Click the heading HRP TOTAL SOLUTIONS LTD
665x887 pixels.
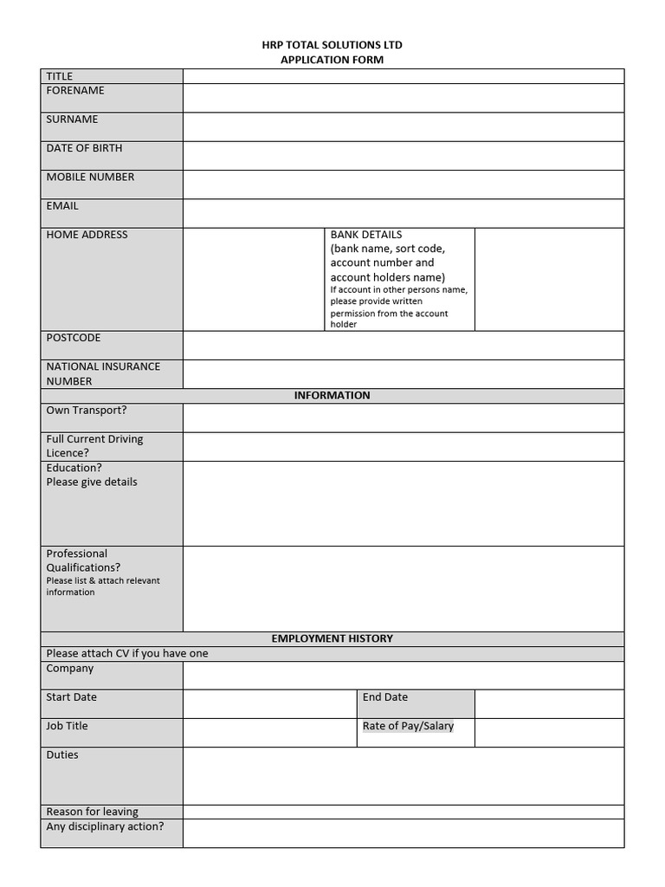click(332, 45)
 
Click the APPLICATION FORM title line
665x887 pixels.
click(332, 60)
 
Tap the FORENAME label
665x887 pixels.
click(75, 91)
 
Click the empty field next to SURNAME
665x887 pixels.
click(403, 126)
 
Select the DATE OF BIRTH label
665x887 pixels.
click(84, 148)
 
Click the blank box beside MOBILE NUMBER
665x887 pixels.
click(403, 184)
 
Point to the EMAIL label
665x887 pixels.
click(62, 206)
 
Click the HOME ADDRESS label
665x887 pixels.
click(87, 235)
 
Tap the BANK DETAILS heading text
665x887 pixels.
click(366, 235)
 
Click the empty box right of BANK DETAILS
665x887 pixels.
click(549, 279)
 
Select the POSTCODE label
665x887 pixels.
click(74, 338)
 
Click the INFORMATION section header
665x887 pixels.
click(332, 396)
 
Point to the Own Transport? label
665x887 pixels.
click(87, 411)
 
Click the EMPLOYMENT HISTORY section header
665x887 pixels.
click(332, 638)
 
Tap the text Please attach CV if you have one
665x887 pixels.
click(127, 654)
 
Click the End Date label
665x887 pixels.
click(385, 697)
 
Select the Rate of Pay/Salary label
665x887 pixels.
click(408, 726)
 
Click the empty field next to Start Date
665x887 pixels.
click(269, 703)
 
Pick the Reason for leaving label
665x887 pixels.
click(92, 812)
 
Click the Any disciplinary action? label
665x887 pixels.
click(105, 826)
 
